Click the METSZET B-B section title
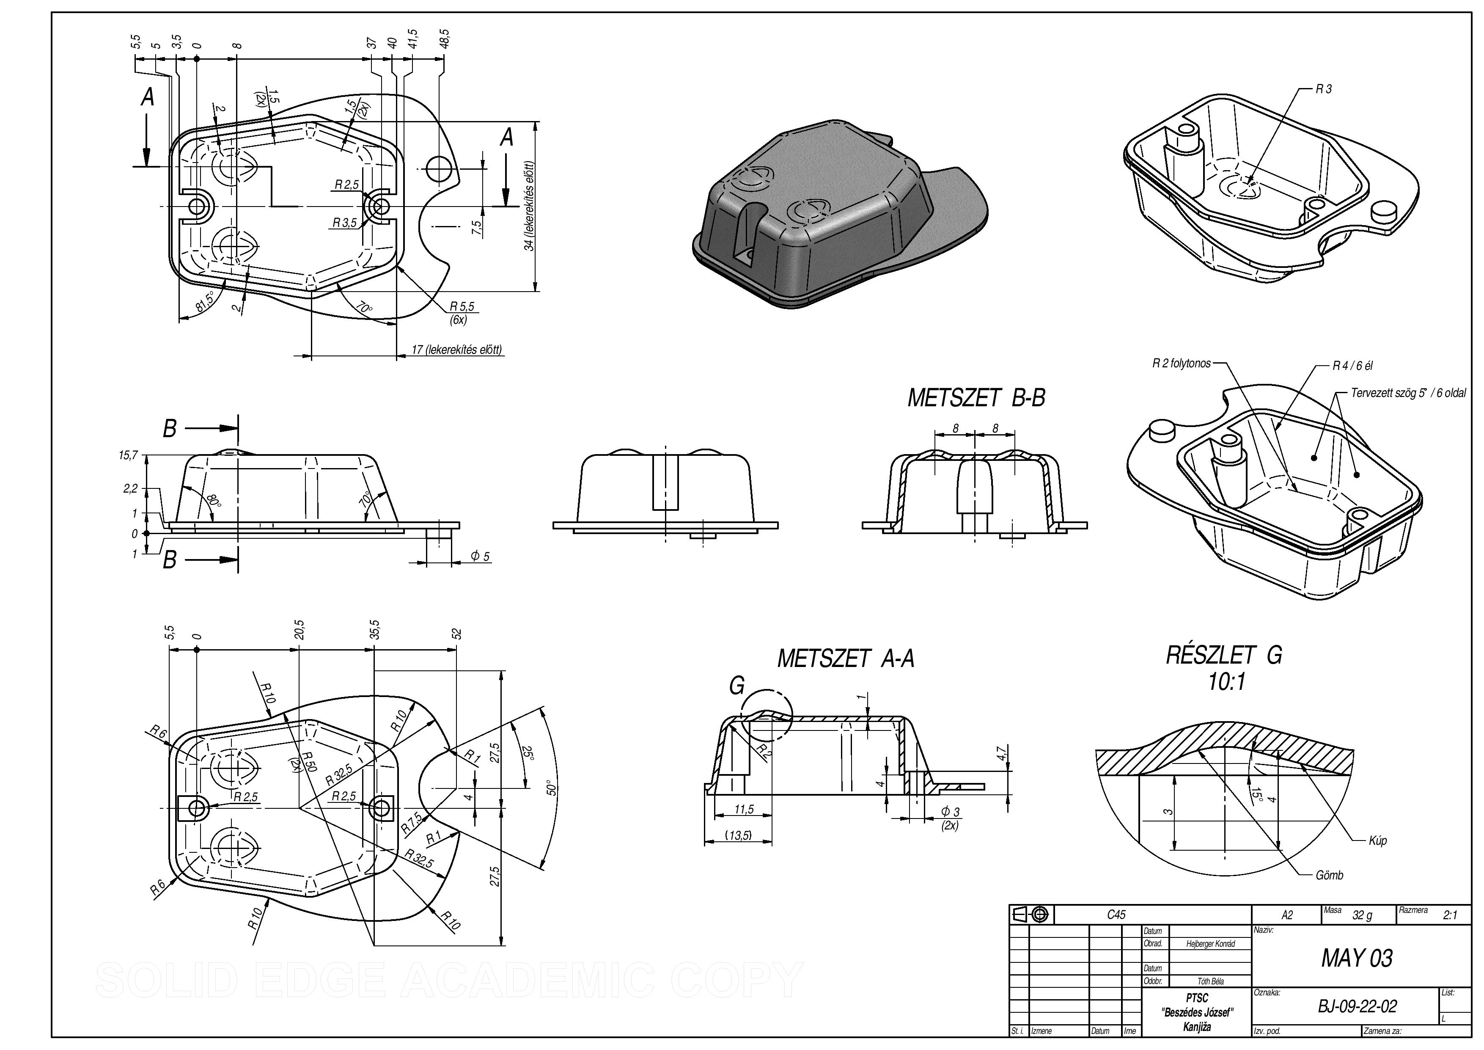[x=976, y=398]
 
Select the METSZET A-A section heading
[x=845, y=659]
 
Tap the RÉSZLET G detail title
[x=1223, y=656]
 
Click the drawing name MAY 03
[x=1356, y=958]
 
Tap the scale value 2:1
[x=1451, y=915]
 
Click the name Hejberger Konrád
[x=1211, y=944]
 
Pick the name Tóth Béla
[x=1211, y=981]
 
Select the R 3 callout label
[x=1324, y=89]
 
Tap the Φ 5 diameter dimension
[x=480, y=556]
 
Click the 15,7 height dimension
[x=128, y=456]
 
